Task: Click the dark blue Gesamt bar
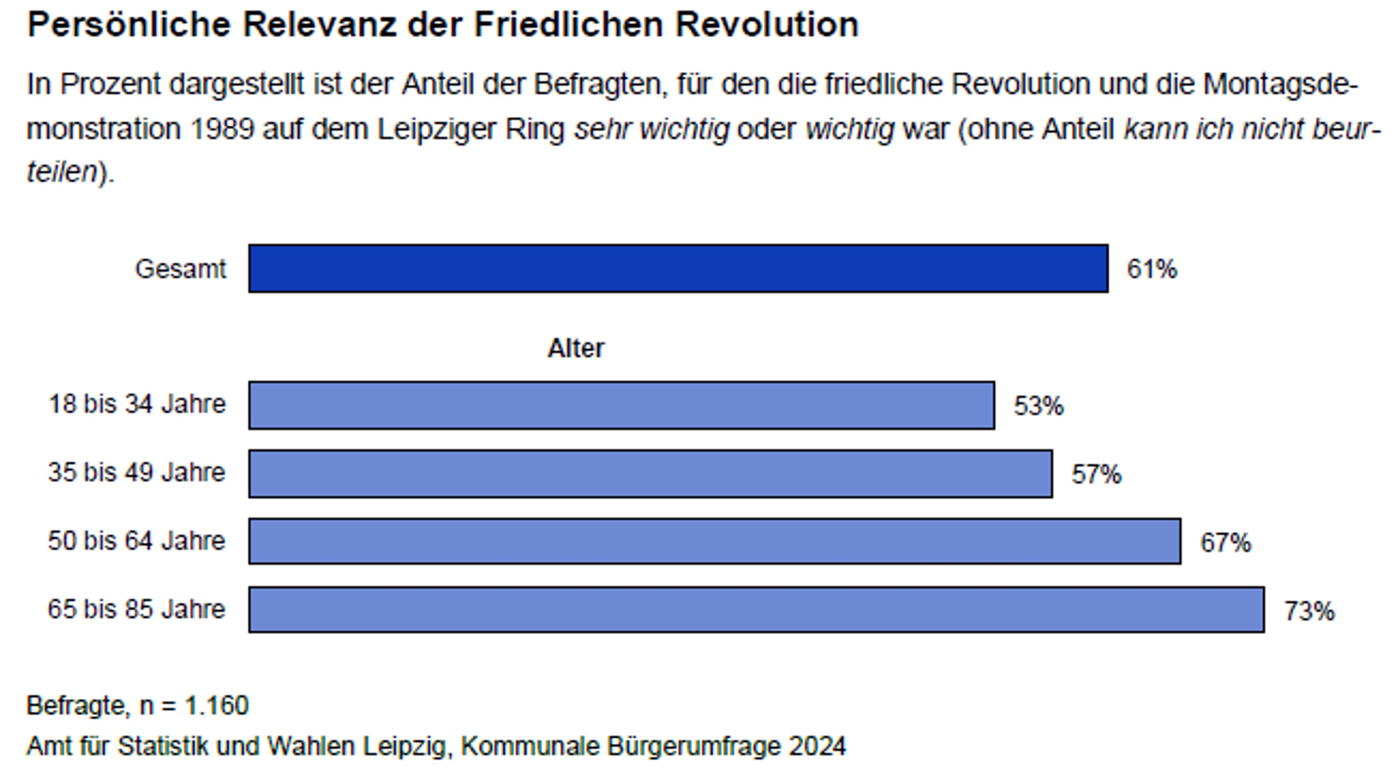point(678,268)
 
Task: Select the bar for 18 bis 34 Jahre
point(621,405)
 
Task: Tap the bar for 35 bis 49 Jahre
point(650,473)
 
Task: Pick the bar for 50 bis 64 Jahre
point(714,541)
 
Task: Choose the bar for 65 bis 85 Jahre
point(756,609)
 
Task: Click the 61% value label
point(1152,269)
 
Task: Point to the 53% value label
point(1038,406)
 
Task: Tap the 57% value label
point(1096,474)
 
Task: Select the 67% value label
point(1225,543)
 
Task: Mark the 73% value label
point(1309,611)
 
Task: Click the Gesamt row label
point(180,269)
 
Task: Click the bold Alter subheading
point(576,348)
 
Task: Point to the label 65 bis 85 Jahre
point(136,609)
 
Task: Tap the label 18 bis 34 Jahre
point(137,404)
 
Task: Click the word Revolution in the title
point(767,25)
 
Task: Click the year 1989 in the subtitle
point(222,129)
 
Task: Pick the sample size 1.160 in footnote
point(217,705)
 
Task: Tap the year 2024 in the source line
point(817,746)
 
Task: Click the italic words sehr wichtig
point(651,129)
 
